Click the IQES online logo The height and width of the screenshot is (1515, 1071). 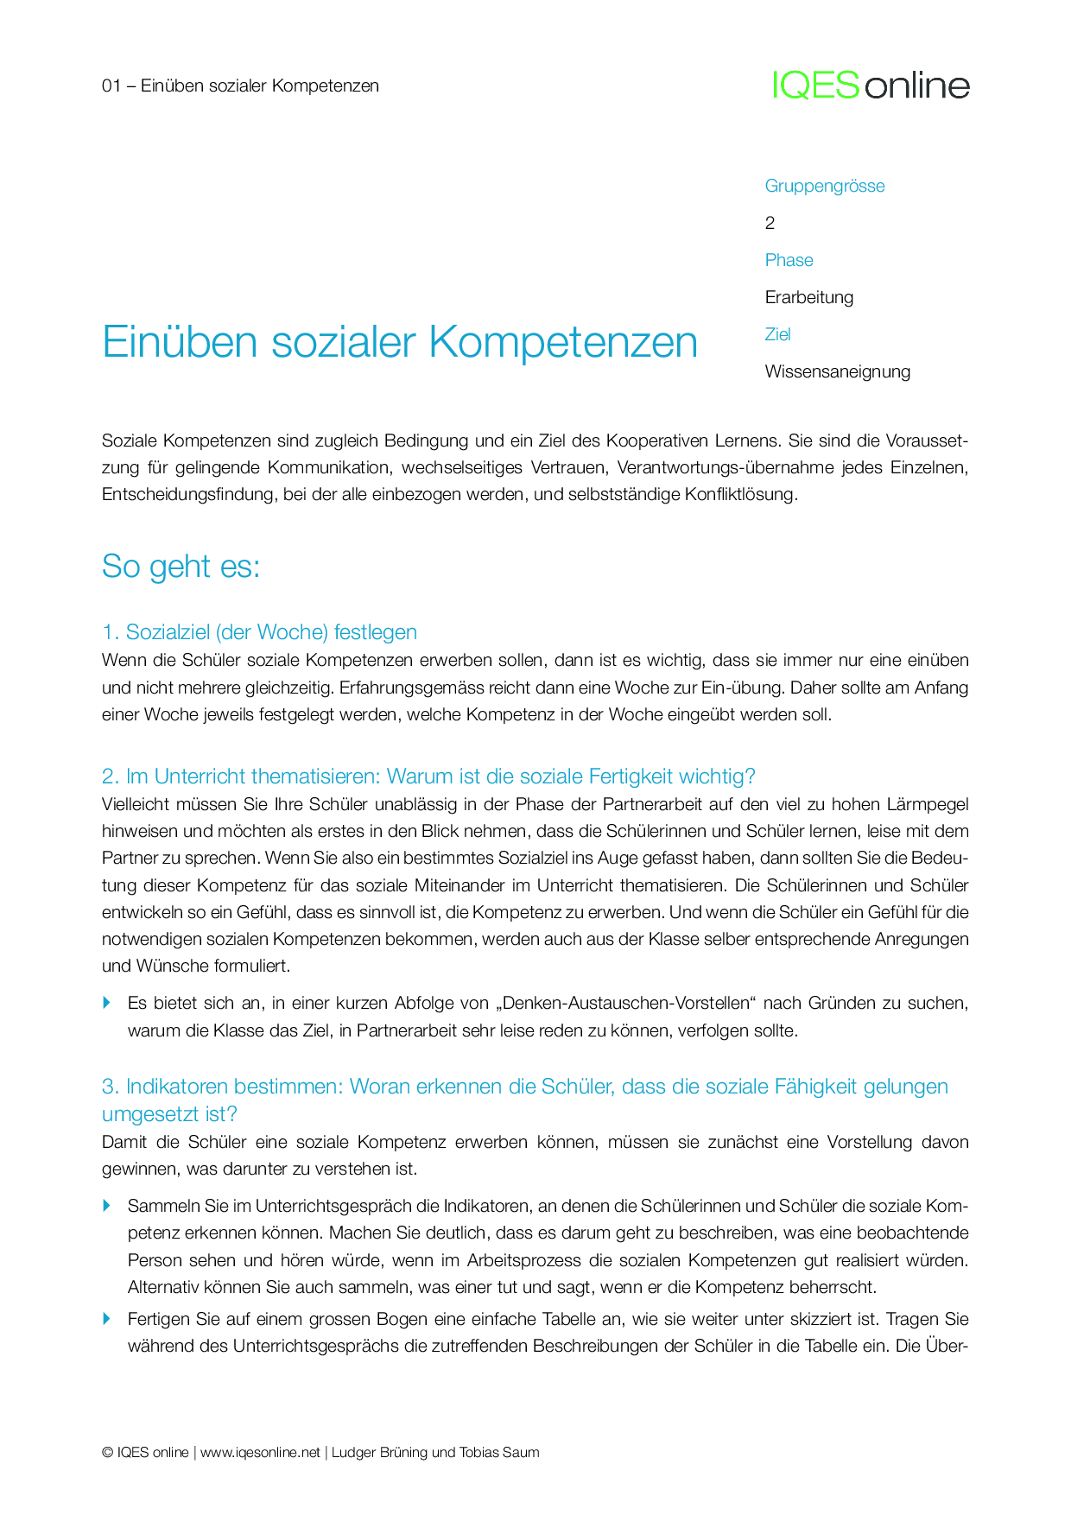pos(871,86)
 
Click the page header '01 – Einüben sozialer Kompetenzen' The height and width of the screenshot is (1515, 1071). pos(240,86)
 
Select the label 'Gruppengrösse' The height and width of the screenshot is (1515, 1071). pos(825,186)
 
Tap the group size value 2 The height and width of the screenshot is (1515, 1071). pos(770,223)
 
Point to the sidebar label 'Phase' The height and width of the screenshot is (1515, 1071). pos(789,260)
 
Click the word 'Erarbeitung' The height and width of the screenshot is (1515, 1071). pos(809,297)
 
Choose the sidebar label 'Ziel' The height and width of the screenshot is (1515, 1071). pos(777,334)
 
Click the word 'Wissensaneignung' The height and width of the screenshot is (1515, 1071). pos(838,371)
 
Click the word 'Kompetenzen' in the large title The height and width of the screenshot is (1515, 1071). pos(563,342)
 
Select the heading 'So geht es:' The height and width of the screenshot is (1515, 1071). pos(181,567)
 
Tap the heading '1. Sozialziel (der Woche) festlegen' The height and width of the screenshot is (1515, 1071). pos(259,632)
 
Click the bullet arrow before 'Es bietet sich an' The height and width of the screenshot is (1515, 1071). pos(107,1002)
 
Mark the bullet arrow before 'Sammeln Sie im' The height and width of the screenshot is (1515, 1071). pos(107,1205)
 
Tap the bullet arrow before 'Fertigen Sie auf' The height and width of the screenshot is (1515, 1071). pos(107,1318)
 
